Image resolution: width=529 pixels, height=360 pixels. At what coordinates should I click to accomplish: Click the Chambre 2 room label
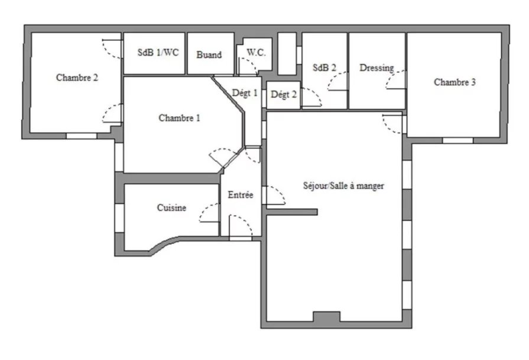tap(77, 77)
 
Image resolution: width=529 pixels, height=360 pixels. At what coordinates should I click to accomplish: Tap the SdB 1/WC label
tap(158, 53)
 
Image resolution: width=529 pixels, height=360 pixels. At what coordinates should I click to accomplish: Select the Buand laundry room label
tap(209, 54)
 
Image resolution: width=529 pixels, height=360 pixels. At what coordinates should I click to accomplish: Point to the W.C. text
tap(256, 52)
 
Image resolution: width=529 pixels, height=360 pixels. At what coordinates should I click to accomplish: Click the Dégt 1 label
tap(245, 93)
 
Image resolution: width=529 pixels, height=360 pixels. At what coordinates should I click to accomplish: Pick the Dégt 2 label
tap(283, 95)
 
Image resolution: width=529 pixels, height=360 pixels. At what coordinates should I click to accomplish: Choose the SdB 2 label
tap(324, 68)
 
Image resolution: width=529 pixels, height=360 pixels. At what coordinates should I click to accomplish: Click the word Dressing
tap(377, 68)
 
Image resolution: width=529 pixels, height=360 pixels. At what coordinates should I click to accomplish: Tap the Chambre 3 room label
tap(455, 82)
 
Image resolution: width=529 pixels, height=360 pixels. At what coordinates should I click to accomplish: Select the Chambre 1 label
tap(179, 118)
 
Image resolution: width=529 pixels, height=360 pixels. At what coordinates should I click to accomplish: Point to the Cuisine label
tap(171, 207)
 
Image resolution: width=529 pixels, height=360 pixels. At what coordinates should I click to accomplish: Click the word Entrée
tap(241, 194)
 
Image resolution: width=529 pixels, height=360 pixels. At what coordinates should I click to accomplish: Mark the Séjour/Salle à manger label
tap(343, 186)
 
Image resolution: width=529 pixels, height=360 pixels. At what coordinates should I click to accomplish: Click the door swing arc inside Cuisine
tap(203, 209)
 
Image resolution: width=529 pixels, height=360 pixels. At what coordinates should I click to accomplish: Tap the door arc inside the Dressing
tap(391, 76)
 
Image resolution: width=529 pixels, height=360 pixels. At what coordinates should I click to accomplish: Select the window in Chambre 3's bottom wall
tap(458, 140)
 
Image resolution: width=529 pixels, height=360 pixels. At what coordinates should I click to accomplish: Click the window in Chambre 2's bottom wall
tap(82, 136)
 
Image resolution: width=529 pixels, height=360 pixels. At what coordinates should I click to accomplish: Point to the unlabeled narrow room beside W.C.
tap(287, 54)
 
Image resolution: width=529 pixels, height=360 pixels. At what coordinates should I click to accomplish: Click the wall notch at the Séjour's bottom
tap(327, 316)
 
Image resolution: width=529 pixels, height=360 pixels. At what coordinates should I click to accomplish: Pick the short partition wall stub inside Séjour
tap(292, 212)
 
